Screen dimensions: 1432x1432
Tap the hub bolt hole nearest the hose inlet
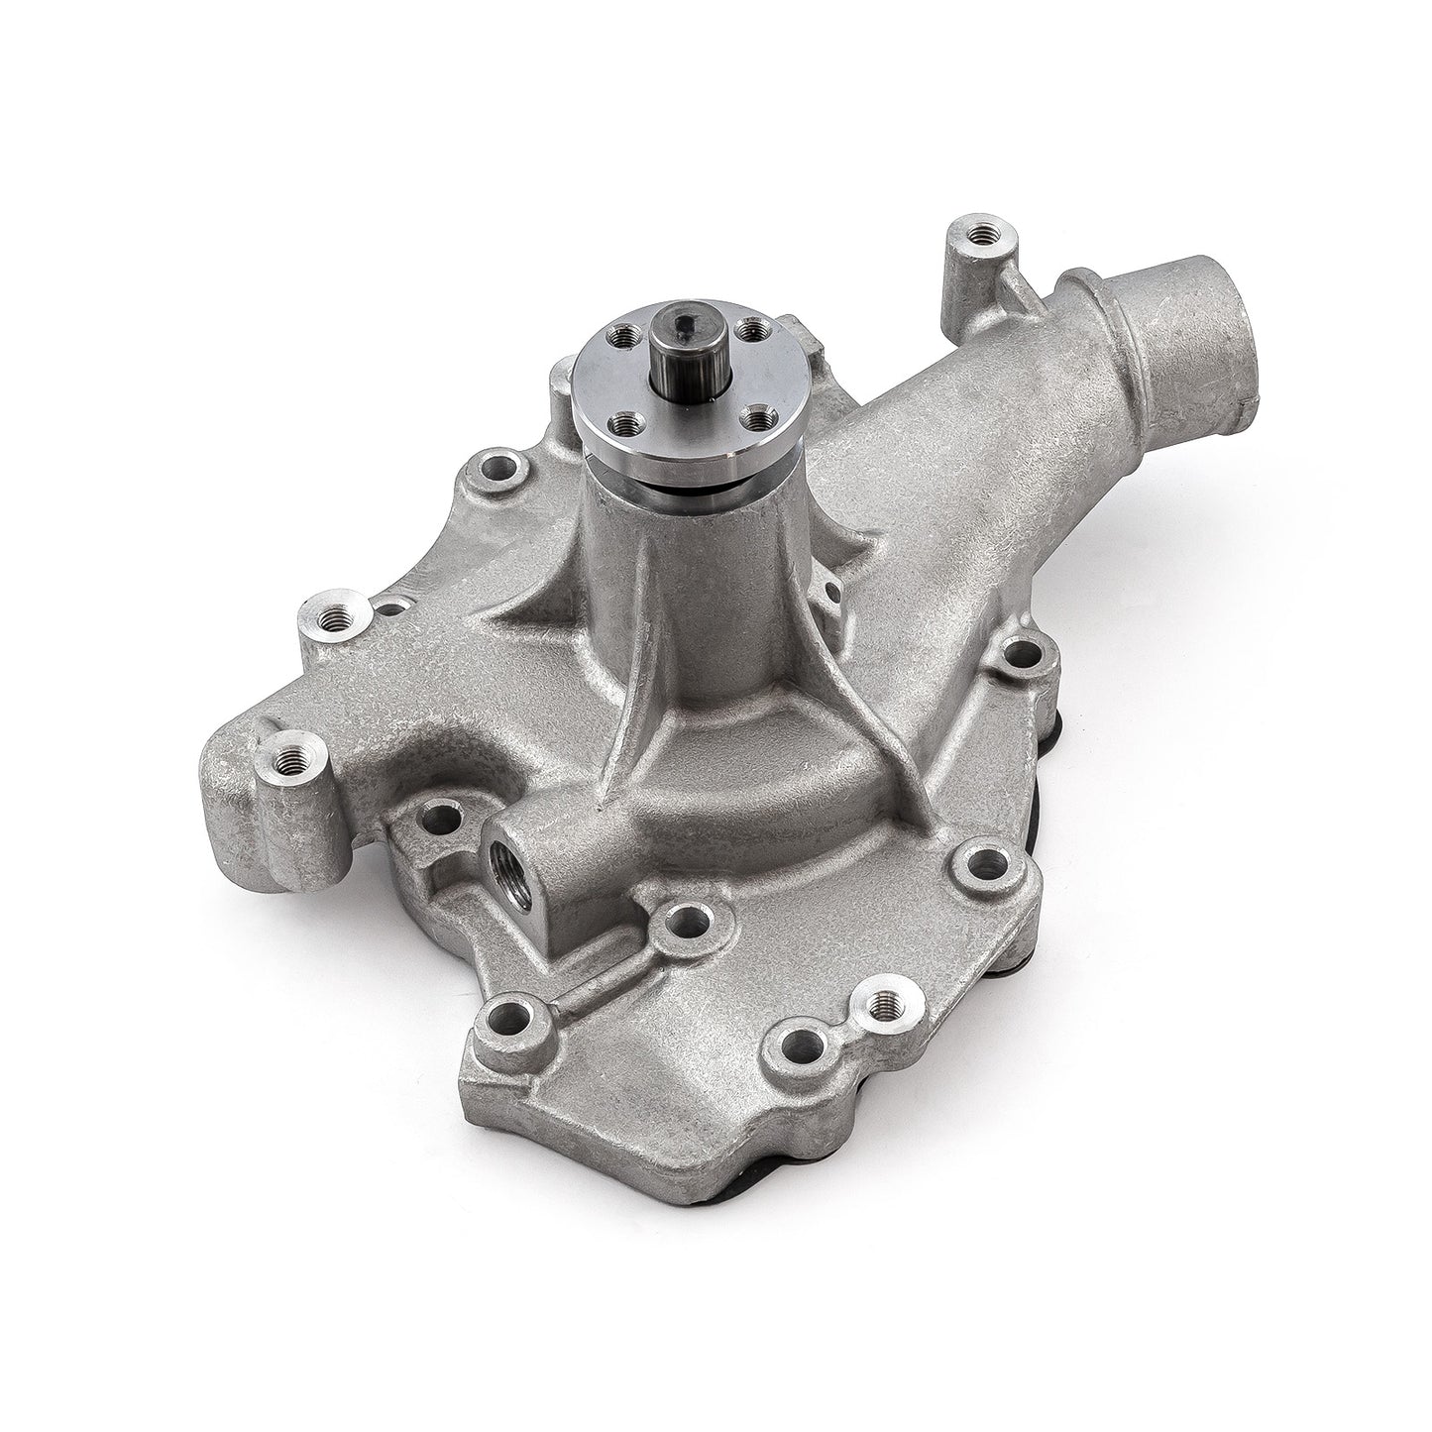(x=753, y=326)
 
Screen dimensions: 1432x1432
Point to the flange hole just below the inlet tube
(x=1020, y=653)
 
